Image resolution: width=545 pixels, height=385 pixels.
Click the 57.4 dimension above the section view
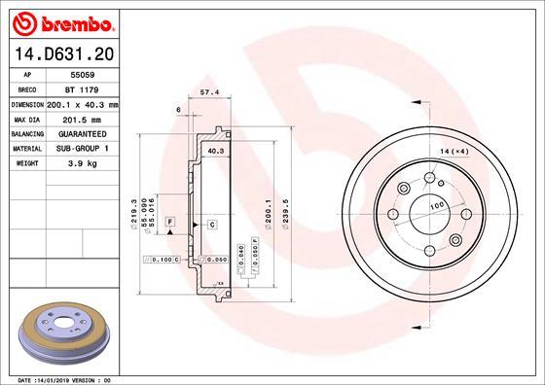click(206, 94)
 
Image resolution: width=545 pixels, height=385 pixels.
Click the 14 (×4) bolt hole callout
click(454, 153)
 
